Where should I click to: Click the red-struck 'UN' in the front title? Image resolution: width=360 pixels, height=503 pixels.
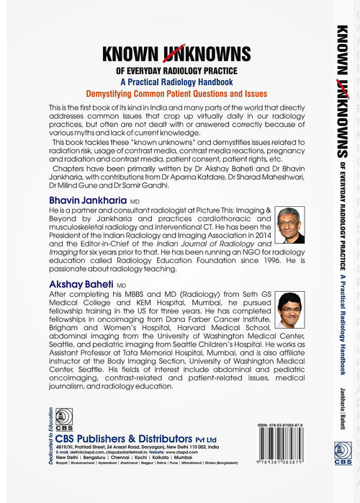[172, 55]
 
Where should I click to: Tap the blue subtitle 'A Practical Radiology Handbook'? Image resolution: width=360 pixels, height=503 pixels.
[176, 82]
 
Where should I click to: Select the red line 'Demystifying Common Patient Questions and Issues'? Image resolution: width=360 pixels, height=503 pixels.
[176, 94]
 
